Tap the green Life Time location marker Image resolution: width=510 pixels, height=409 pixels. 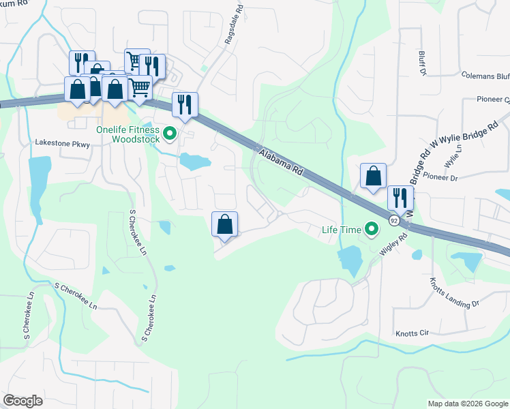point(372,229)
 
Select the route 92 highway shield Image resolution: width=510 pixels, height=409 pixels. point(394,220)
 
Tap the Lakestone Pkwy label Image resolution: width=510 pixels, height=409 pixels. point(63,143)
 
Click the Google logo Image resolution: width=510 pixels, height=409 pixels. point(23,401)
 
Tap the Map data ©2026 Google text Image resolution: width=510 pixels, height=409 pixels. point(467,404)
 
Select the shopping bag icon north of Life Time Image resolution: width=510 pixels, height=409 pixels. point(373,176)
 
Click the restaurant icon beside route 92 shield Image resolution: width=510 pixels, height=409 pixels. point(400,198)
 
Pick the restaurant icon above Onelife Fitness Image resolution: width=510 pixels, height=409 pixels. point(185,104)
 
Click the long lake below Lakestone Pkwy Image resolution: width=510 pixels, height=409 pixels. point(40,176)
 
